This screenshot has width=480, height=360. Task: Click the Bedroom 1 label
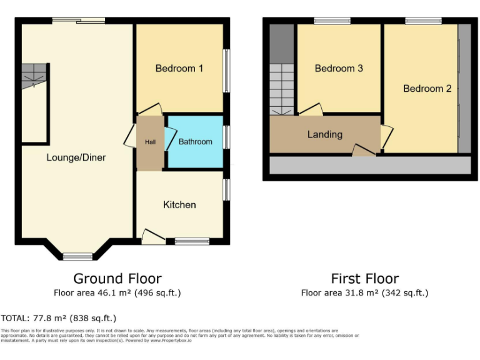point(179,68)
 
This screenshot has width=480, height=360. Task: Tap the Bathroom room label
point(196,142)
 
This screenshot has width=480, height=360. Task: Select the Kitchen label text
point(179,205)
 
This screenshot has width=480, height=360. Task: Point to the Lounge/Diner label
point(76,157)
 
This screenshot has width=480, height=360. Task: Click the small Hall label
point(151,142)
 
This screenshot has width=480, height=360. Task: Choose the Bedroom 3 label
point(339,68)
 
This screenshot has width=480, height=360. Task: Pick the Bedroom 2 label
point(427,89)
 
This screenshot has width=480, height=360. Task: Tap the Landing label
point(325,134)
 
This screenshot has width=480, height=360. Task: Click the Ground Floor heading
point(117,279)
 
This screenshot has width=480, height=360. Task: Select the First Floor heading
point(364,279)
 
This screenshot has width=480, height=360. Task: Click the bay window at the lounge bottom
point(78,256)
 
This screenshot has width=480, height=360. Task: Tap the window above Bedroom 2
point(424,21)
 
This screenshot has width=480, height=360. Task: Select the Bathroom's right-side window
point(226,137)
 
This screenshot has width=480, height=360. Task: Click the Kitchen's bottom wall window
point(192,241)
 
